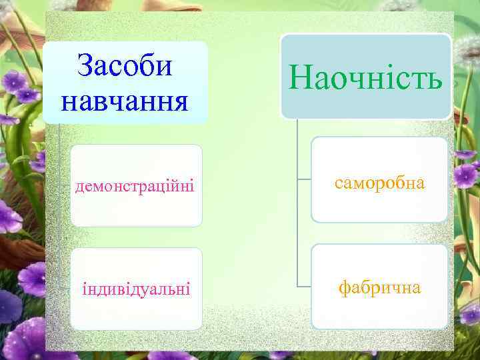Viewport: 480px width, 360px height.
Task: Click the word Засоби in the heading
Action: point(125,66)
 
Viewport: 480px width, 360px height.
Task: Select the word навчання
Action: point(125,101)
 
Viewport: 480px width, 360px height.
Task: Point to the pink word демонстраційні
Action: point(135,186)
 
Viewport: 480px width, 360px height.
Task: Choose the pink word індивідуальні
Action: point(135,289)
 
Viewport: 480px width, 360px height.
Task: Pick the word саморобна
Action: point(380,183)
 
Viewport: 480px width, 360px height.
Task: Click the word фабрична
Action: point(380,287)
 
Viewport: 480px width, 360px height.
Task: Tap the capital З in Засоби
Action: point(85,66)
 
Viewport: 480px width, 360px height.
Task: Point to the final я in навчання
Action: point(181,102)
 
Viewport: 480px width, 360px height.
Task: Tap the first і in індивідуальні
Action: point(84,289)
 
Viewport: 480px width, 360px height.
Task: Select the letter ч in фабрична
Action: point(397,288)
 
